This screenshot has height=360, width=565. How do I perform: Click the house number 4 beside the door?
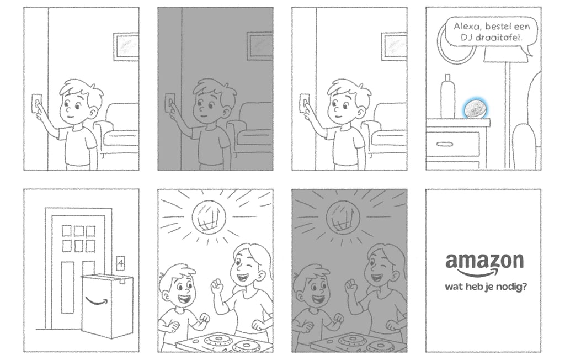[x=121, y=263]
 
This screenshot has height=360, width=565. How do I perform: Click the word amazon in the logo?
[x=484, y=261]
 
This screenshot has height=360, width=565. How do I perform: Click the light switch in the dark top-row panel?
[x=170, y=103]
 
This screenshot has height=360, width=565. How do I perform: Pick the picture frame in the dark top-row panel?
[x=260, y=44]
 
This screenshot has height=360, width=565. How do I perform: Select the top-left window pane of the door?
[x=67, y=230]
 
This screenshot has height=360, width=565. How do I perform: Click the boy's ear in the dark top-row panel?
[x=227, y=111]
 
